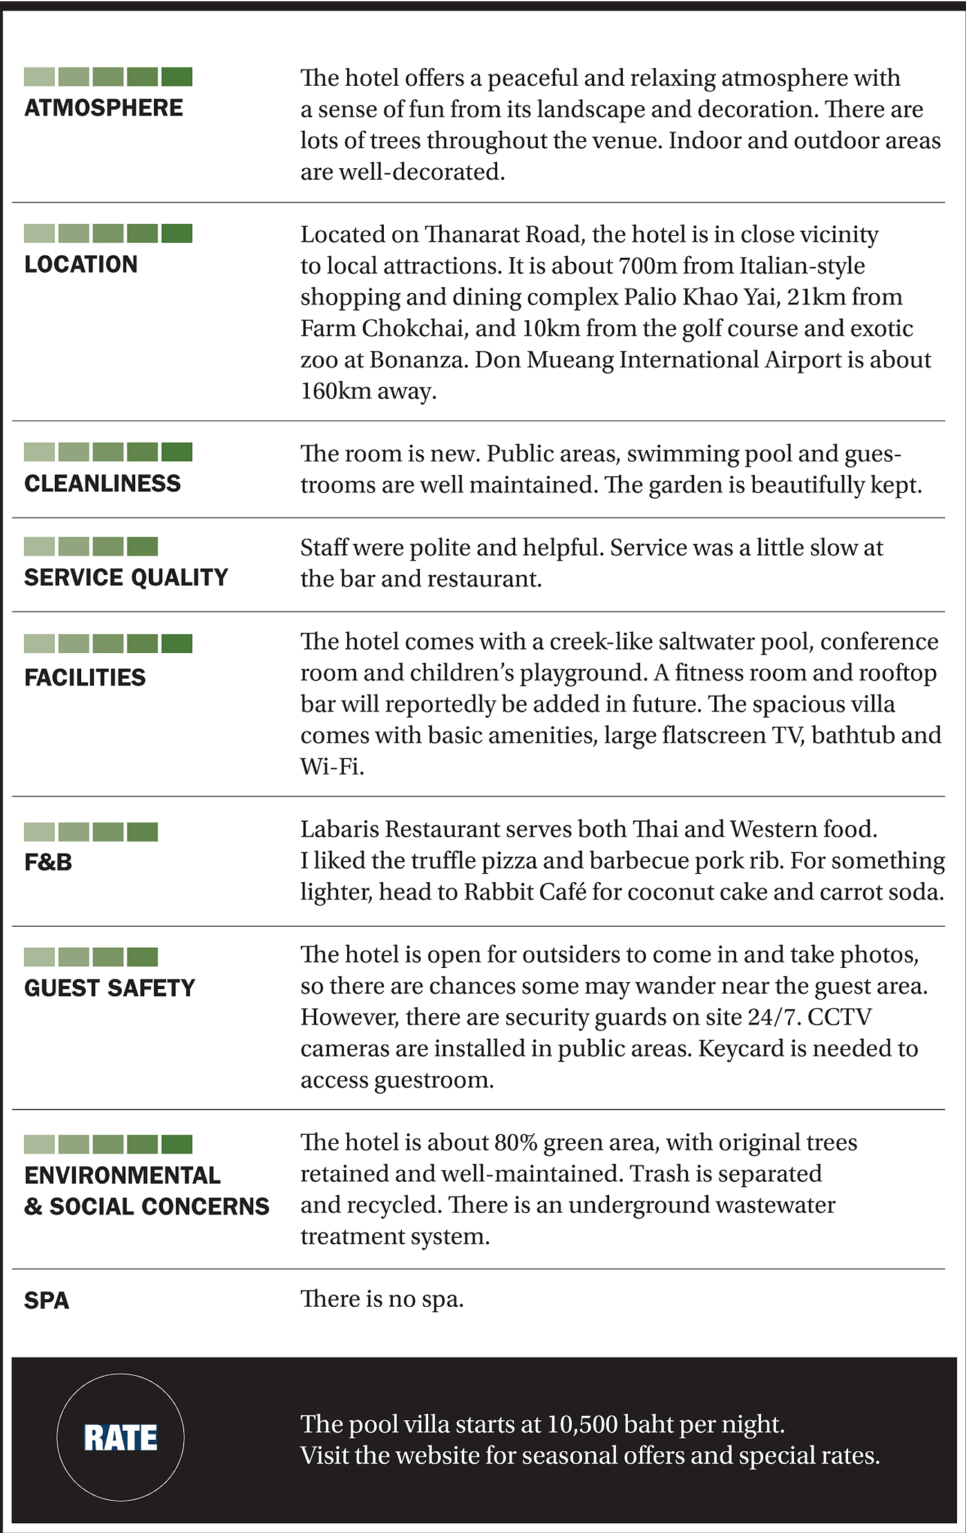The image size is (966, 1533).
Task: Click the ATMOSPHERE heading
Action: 104,108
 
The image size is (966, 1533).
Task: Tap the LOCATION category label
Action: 81,264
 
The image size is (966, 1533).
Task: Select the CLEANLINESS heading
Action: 102,483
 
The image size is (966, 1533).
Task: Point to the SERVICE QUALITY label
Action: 126,577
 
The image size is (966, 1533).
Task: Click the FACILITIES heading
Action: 85,677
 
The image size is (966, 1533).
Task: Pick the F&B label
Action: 48,862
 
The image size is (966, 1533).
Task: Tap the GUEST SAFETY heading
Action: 109,988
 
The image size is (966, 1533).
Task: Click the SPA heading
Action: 46,1300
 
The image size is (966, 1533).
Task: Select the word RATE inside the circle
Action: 120,1438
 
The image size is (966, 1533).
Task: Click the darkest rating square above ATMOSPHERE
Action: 176,77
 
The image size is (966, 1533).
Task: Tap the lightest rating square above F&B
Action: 39,832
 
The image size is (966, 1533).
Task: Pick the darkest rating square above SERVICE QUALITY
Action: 142,546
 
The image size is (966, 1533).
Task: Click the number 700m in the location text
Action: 645,265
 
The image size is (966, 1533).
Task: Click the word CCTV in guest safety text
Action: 839,1017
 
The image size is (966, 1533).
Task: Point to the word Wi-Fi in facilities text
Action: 331,766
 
